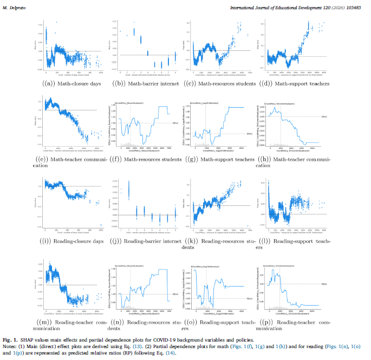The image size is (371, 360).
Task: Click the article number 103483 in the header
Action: [x=354, y=7]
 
